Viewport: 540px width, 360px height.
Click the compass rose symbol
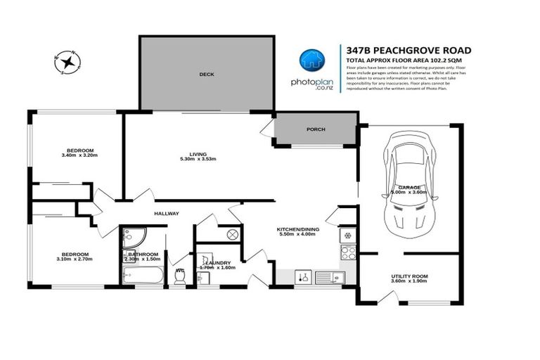pos(67,63)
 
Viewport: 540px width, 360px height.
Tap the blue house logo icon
pos(311,61)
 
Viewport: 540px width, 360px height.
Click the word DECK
pos(206,74)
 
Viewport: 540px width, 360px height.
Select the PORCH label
pos(315,130)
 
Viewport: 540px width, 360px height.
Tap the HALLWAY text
pos(167,214)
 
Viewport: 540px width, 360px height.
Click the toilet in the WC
pos(179,278)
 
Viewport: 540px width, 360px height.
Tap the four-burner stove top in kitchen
pos(347,252)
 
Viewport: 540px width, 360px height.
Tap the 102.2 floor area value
pos(432,61)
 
